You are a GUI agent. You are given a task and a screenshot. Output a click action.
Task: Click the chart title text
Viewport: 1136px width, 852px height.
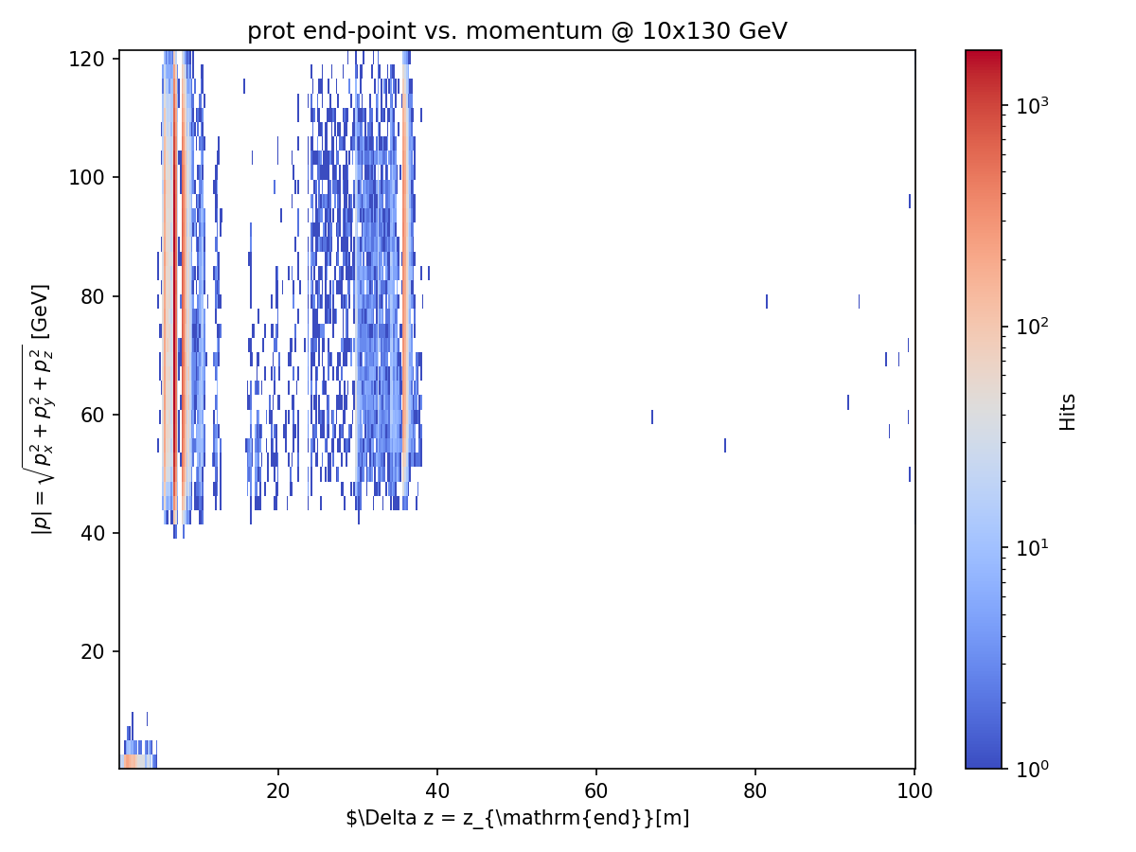(517, 31)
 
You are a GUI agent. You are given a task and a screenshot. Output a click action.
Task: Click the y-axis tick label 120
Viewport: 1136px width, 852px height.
(86, 60)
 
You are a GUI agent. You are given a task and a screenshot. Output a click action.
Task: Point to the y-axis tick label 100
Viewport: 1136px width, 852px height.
(86, 177)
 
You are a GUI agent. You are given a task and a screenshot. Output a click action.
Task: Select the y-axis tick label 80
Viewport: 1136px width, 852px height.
(93, 296)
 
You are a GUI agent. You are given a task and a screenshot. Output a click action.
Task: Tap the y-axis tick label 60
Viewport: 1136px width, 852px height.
(93, 415)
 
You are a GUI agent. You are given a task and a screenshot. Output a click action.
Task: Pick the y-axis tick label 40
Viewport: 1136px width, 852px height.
(93, 533)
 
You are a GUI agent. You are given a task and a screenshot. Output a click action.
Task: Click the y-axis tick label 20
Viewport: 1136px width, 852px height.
(93, 652)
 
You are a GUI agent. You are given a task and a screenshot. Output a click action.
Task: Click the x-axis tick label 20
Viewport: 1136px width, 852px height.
(278, 791)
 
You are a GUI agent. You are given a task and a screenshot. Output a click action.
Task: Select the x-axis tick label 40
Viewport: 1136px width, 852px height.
(437, 791)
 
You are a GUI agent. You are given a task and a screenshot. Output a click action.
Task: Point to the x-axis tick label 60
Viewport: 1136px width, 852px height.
(596, 791)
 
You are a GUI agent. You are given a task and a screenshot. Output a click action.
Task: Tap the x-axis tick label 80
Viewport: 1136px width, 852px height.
(755, 791)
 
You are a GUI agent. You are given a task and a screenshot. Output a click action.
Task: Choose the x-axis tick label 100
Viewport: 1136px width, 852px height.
(914, 791)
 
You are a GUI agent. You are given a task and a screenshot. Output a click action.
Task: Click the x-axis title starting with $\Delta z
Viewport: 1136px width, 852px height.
(518, 818)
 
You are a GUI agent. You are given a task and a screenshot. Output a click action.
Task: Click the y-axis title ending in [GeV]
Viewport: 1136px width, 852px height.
(40, 409)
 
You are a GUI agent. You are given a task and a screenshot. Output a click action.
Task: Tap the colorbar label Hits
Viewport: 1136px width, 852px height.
(1068, 413)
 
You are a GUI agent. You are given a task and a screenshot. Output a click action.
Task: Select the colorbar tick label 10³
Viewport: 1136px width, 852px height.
(1032, 106)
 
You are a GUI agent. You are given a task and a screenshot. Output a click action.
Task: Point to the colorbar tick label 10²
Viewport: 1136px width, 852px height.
(1032, 327)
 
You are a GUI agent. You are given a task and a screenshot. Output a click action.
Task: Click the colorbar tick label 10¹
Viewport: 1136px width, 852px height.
(1032, 548)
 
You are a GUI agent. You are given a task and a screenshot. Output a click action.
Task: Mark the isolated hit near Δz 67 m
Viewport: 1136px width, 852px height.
(652, 417)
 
